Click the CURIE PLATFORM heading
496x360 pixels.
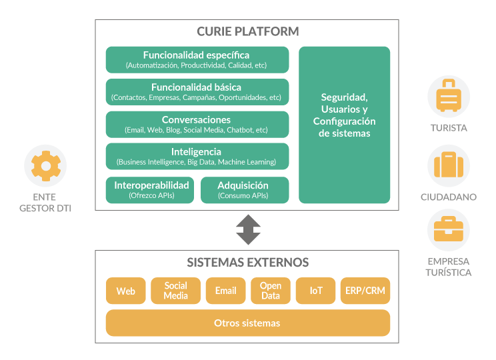[247, 31]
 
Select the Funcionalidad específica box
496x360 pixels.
[197, 59]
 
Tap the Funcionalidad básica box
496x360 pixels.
[197, 92]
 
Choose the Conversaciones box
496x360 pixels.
[197, 124]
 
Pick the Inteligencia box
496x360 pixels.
[197, 156]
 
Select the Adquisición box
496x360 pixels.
[244, 190]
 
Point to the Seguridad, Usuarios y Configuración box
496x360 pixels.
[344, 125]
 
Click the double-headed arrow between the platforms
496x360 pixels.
[247, 230]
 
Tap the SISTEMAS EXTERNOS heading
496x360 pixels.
[247, 262]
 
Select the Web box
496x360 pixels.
[125, 291]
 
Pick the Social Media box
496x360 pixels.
[175, 291]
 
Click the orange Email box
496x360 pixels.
[225, 291]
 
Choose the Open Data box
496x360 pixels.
[270, 291]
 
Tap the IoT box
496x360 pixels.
[315, 291]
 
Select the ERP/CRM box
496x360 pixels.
[365, 291]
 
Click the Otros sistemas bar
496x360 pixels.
[247, 323]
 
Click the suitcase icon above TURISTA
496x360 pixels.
[448, 97]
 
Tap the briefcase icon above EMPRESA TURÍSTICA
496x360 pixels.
[448, 231]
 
